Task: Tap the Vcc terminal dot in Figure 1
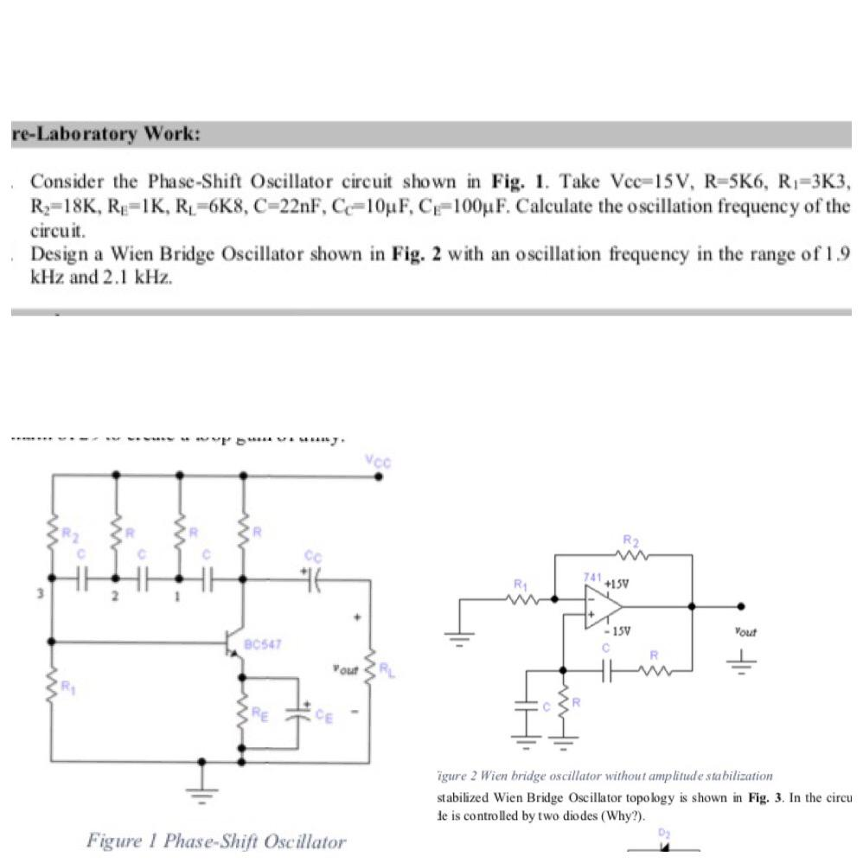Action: click(x=377, y=475)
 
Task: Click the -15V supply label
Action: click(x=615, y=631)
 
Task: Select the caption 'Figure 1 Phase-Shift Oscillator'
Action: click(x=215, y=841)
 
